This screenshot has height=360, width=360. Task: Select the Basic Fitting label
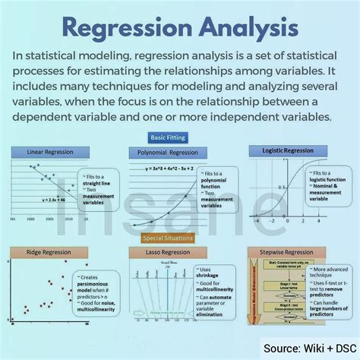click(178, 137)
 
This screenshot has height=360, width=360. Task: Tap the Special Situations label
click(178, 238)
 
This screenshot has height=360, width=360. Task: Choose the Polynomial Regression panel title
click(179, 151)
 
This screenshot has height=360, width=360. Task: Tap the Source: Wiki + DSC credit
click(311, 349)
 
